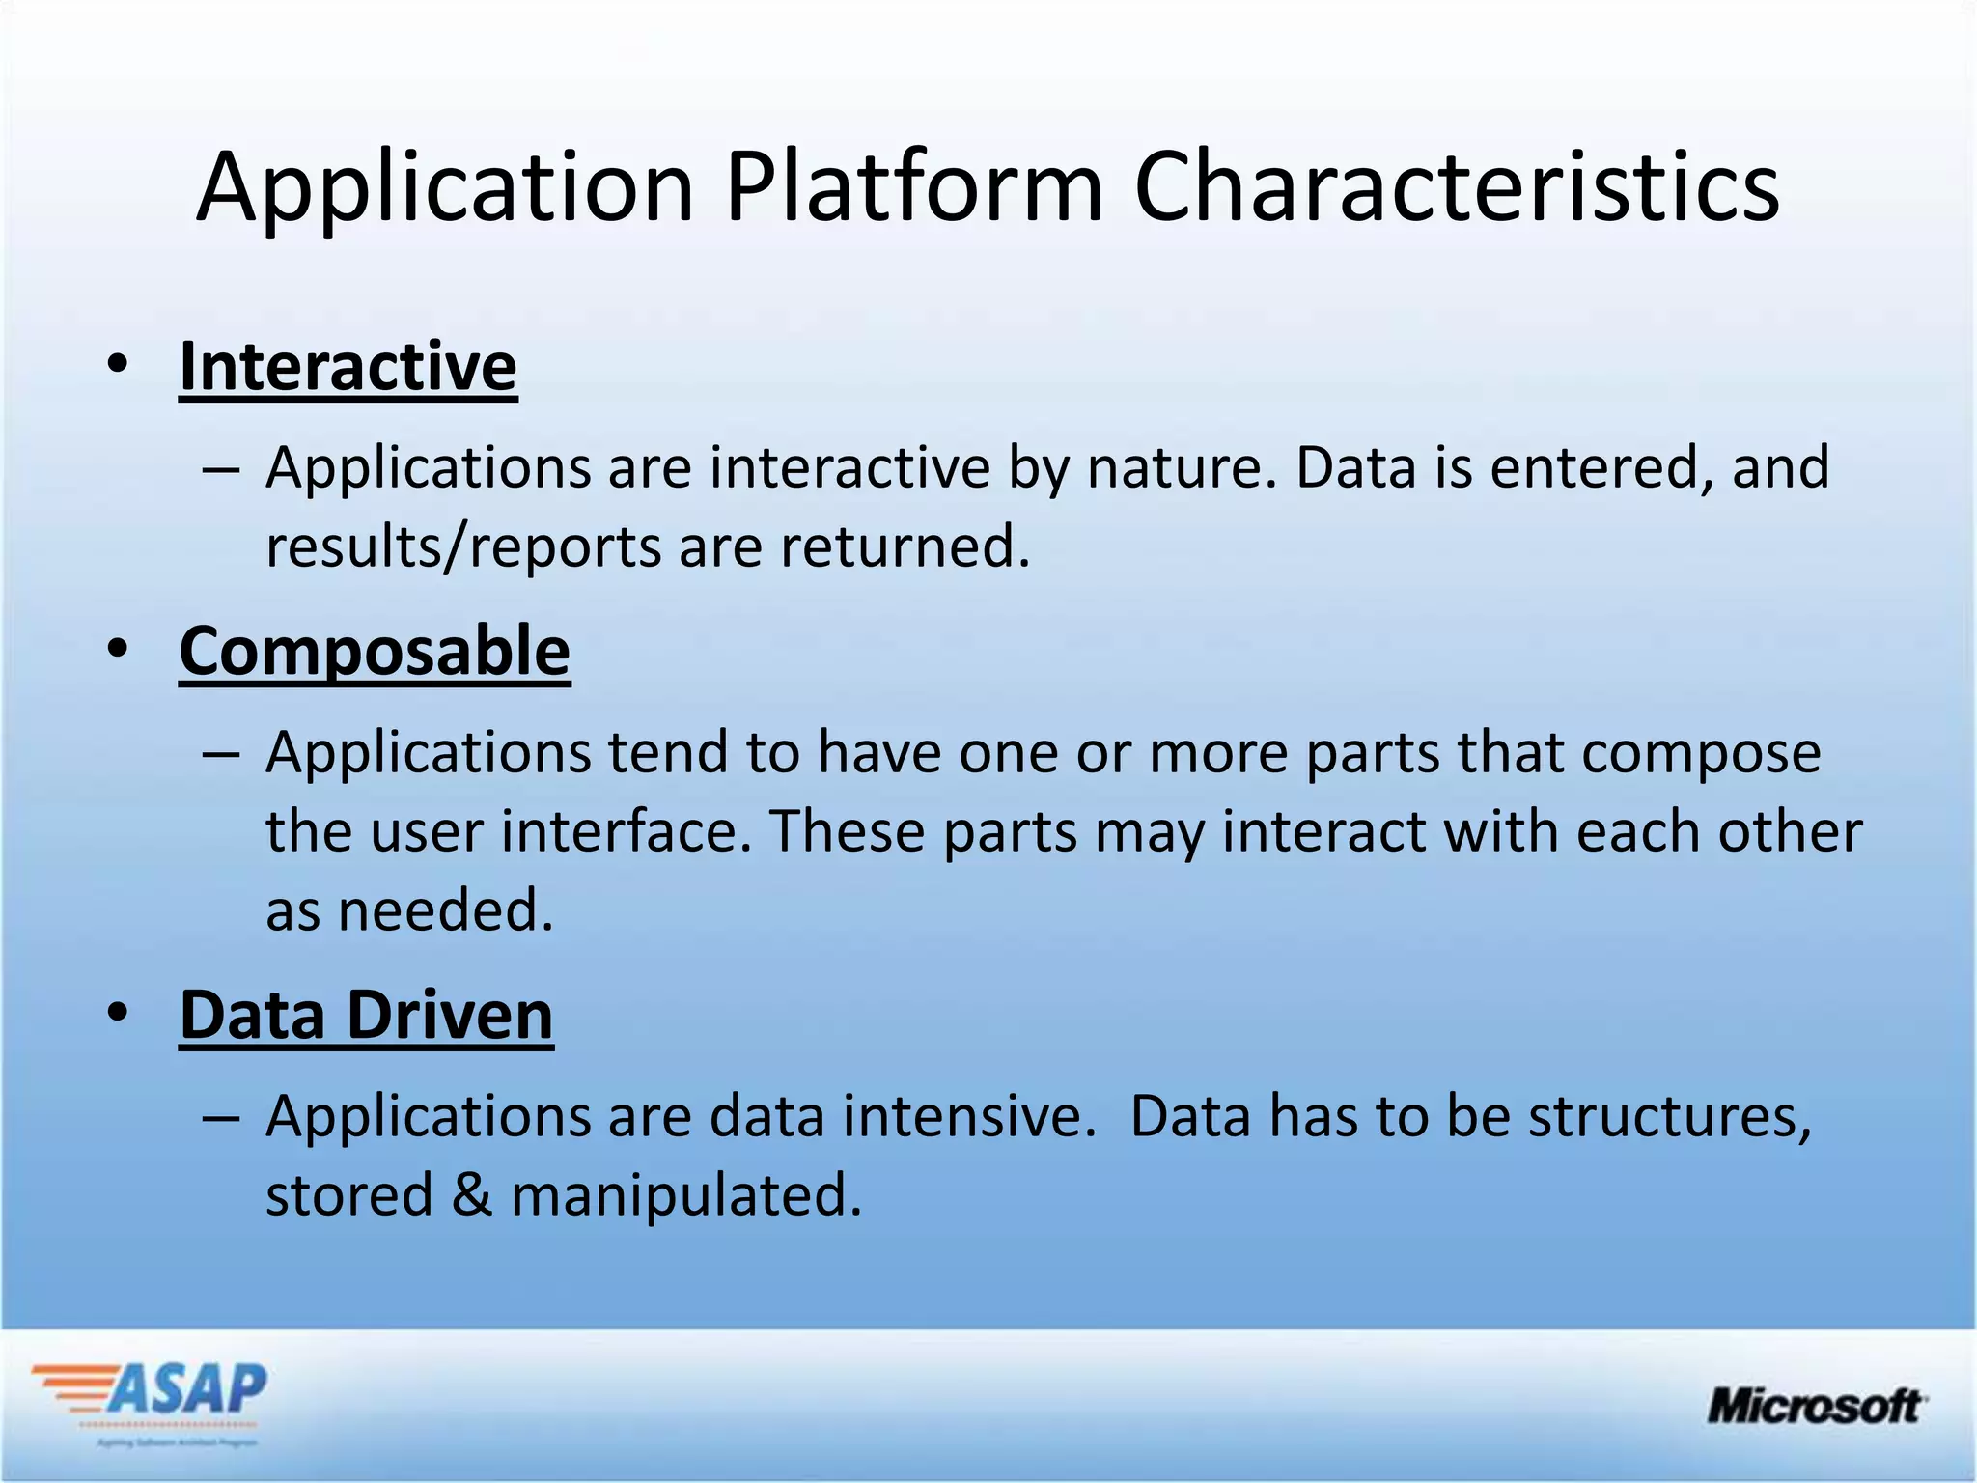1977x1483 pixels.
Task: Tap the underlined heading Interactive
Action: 348,367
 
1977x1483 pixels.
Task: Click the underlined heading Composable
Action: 375,652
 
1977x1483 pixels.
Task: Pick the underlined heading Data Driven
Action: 366,1016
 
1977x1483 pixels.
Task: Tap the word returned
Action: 905,546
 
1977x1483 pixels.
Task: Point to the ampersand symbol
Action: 472,1195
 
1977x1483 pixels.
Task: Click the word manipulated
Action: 685,1196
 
